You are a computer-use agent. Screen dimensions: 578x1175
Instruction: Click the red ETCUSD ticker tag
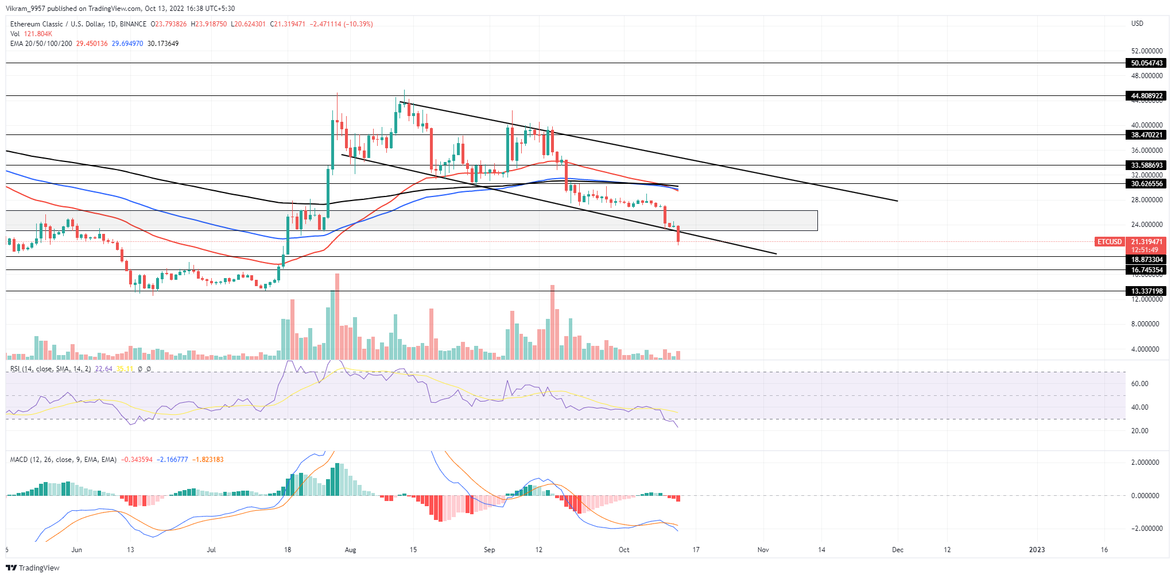point(1109,242)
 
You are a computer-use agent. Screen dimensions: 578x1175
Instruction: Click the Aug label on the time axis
point(350,550)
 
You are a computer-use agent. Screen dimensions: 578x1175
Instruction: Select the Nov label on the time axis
point(763,550)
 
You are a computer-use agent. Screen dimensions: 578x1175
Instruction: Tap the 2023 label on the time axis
point(1037,550)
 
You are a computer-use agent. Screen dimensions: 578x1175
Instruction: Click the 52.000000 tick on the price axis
point(1146,51)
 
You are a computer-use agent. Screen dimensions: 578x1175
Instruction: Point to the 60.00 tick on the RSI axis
point(1135,384)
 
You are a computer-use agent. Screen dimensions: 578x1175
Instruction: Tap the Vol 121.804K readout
point(31,34)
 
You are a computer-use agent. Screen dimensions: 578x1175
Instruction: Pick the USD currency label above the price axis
point(1137,24)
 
